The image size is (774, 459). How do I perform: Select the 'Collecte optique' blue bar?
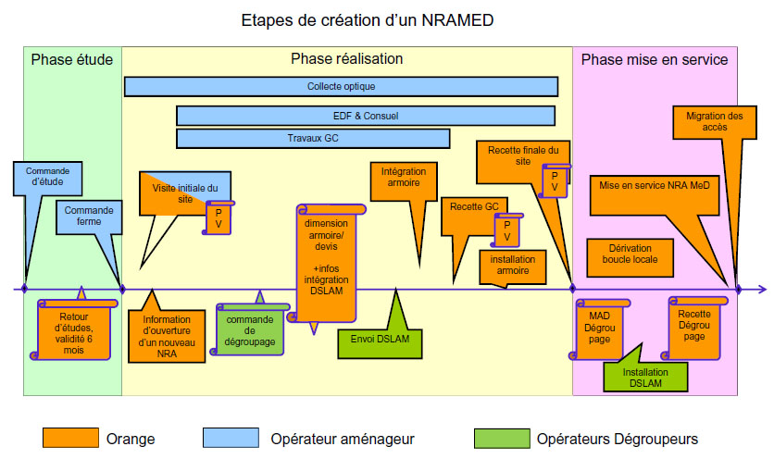341,86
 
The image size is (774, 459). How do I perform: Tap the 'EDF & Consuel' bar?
365,116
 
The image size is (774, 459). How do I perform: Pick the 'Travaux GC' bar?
312,138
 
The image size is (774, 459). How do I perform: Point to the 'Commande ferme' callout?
89,217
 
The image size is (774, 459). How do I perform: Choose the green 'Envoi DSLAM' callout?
380,339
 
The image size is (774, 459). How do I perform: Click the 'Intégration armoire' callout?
401,178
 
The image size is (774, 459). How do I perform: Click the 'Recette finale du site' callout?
523,155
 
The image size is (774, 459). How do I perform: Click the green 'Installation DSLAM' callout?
645,376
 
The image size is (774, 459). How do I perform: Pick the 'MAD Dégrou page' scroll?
601,328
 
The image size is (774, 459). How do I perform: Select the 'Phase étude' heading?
71,59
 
